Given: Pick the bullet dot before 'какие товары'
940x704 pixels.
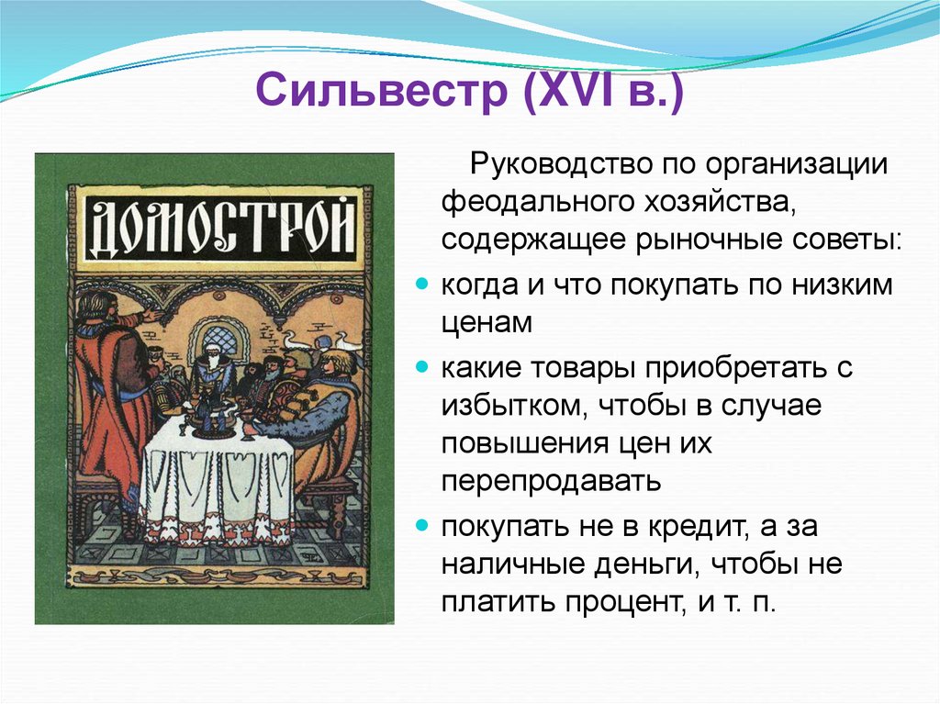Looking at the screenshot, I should tap(423, 367).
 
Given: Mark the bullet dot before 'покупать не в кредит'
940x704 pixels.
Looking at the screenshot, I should tap(423, 526).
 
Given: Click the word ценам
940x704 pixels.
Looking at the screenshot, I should tap(487, 322).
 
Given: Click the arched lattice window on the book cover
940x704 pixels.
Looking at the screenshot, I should tap(218, 341).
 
